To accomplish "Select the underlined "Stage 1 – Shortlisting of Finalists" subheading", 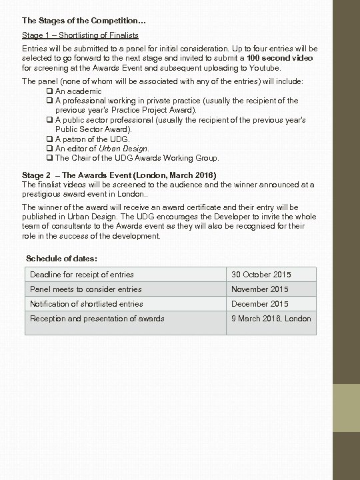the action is [x=81, y=35].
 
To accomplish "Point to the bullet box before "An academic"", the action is [x=50, y=91].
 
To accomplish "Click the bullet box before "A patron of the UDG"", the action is [x=50, y=139].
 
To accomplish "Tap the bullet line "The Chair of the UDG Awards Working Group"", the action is [x=137, y=158].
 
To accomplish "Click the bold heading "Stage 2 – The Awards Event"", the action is [x=119, y=175].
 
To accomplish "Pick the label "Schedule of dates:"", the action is [x=61, y=258].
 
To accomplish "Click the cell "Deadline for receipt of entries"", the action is [x=82, y=275].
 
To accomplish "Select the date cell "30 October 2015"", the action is [x=261, y=275].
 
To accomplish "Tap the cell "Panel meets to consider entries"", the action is [x=86, y=289].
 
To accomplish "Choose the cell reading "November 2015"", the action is [x=260, y=289].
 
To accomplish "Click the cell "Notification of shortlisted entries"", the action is [x=87, y=304].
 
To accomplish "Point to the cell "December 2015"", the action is [x=260, y=304].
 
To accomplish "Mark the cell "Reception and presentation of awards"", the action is [x=97, y=319].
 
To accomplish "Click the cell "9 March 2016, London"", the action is [x=271, y=319].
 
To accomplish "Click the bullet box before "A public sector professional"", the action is [x=50, y=120].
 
